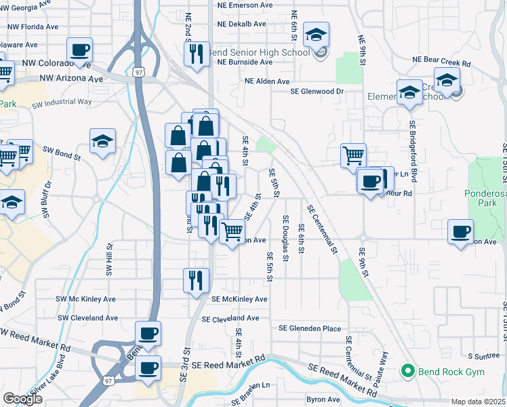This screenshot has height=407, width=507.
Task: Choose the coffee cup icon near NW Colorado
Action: (x=80, y=50)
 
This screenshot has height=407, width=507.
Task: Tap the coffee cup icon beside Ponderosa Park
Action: (x=461, y=231)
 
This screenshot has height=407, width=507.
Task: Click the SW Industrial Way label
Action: (x=66, y=102)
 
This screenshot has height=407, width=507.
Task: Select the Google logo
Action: (x=22, y=399)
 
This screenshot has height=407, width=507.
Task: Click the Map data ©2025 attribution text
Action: (x=479, y=402)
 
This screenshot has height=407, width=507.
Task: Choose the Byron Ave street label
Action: (x=323, y=400)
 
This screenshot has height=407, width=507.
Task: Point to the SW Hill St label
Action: (x=108, y=260)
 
